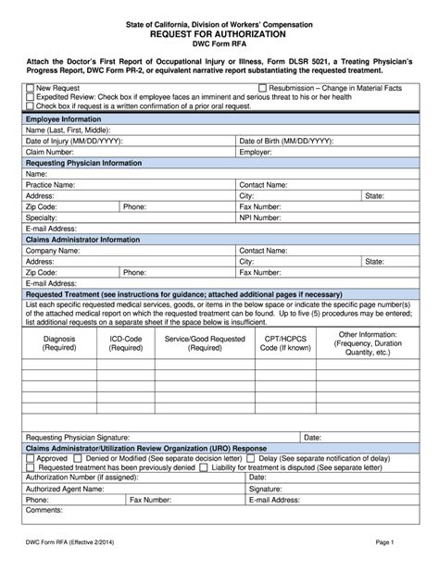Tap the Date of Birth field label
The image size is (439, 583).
tap(286, 141)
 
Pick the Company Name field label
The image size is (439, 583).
tap(56, 250)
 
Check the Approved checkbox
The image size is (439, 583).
tap(31, 457)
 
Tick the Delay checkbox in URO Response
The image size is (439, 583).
tap(252, 457)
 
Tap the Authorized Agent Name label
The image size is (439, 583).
tap(68, 488)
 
